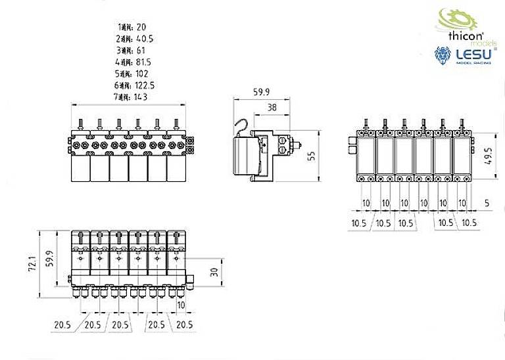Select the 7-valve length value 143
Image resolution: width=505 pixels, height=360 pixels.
(139, 97)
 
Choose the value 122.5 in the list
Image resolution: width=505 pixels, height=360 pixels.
(143, 85)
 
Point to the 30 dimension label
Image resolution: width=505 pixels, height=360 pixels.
(214, 272)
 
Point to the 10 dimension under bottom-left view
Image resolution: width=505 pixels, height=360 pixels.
(181, 305)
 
